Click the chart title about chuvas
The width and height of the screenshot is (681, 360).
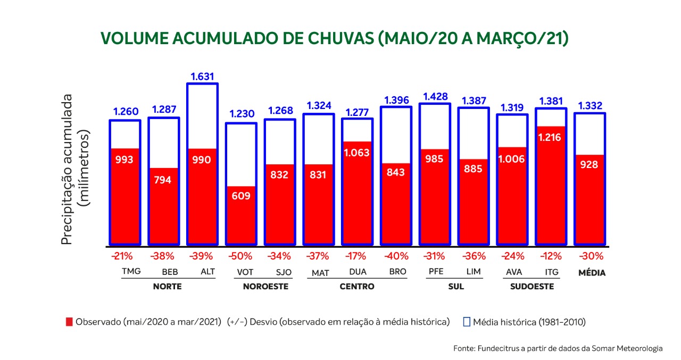point(334,38)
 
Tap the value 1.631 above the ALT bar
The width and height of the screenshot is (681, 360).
point(202,76)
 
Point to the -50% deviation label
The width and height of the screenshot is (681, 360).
point(240,256)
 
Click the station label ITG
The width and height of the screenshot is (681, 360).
point(551,272)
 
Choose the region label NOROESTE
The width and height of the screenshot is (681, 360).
point(265,286)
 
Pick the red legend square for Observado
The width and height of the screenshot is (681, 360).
point(69,322)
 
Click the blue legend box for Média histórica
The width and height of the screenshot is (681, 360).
point(467,322)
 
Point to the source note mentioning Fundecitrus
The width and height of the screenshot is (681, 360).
point(558,348)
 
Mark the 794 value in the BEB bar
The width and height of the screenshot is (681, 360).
point(163,180)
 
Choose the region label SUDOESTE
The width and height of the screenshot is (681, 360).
point(532,286)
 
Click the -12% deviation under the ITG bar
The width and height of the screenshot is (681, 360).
point(551,256)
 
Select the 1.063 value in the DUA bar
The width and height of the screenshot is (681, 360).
point(357,153)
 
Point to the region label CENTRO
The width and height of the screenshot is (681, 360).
point(357,286)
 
